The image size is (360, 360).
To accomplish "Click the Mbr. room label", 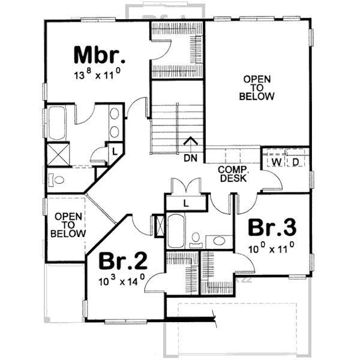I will click(100, 55).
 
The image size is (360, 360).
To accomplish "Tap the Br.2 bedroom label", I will click(124, 261).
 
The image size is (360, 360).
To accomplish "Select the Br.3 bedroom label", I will click(272, 228).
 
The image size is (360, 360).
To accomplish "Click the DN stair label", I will click(191, 158).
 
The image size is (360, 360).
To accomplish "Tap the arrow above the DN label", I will click(191, 143).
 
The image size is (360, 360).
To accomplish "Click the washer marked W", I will click(277, 162).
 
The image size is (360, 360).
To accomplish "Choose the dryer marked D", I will click(296, 162).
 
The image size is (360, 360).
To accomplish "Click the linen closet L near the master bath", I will click(114, 150).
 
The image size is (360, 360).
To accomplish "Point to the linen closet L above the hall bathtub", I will click(186, 203).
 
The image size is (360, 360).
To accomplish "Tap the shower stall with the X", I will click(58, 154).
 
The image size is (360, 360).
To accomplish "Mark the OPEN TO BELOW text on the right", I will click(257, 88).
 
